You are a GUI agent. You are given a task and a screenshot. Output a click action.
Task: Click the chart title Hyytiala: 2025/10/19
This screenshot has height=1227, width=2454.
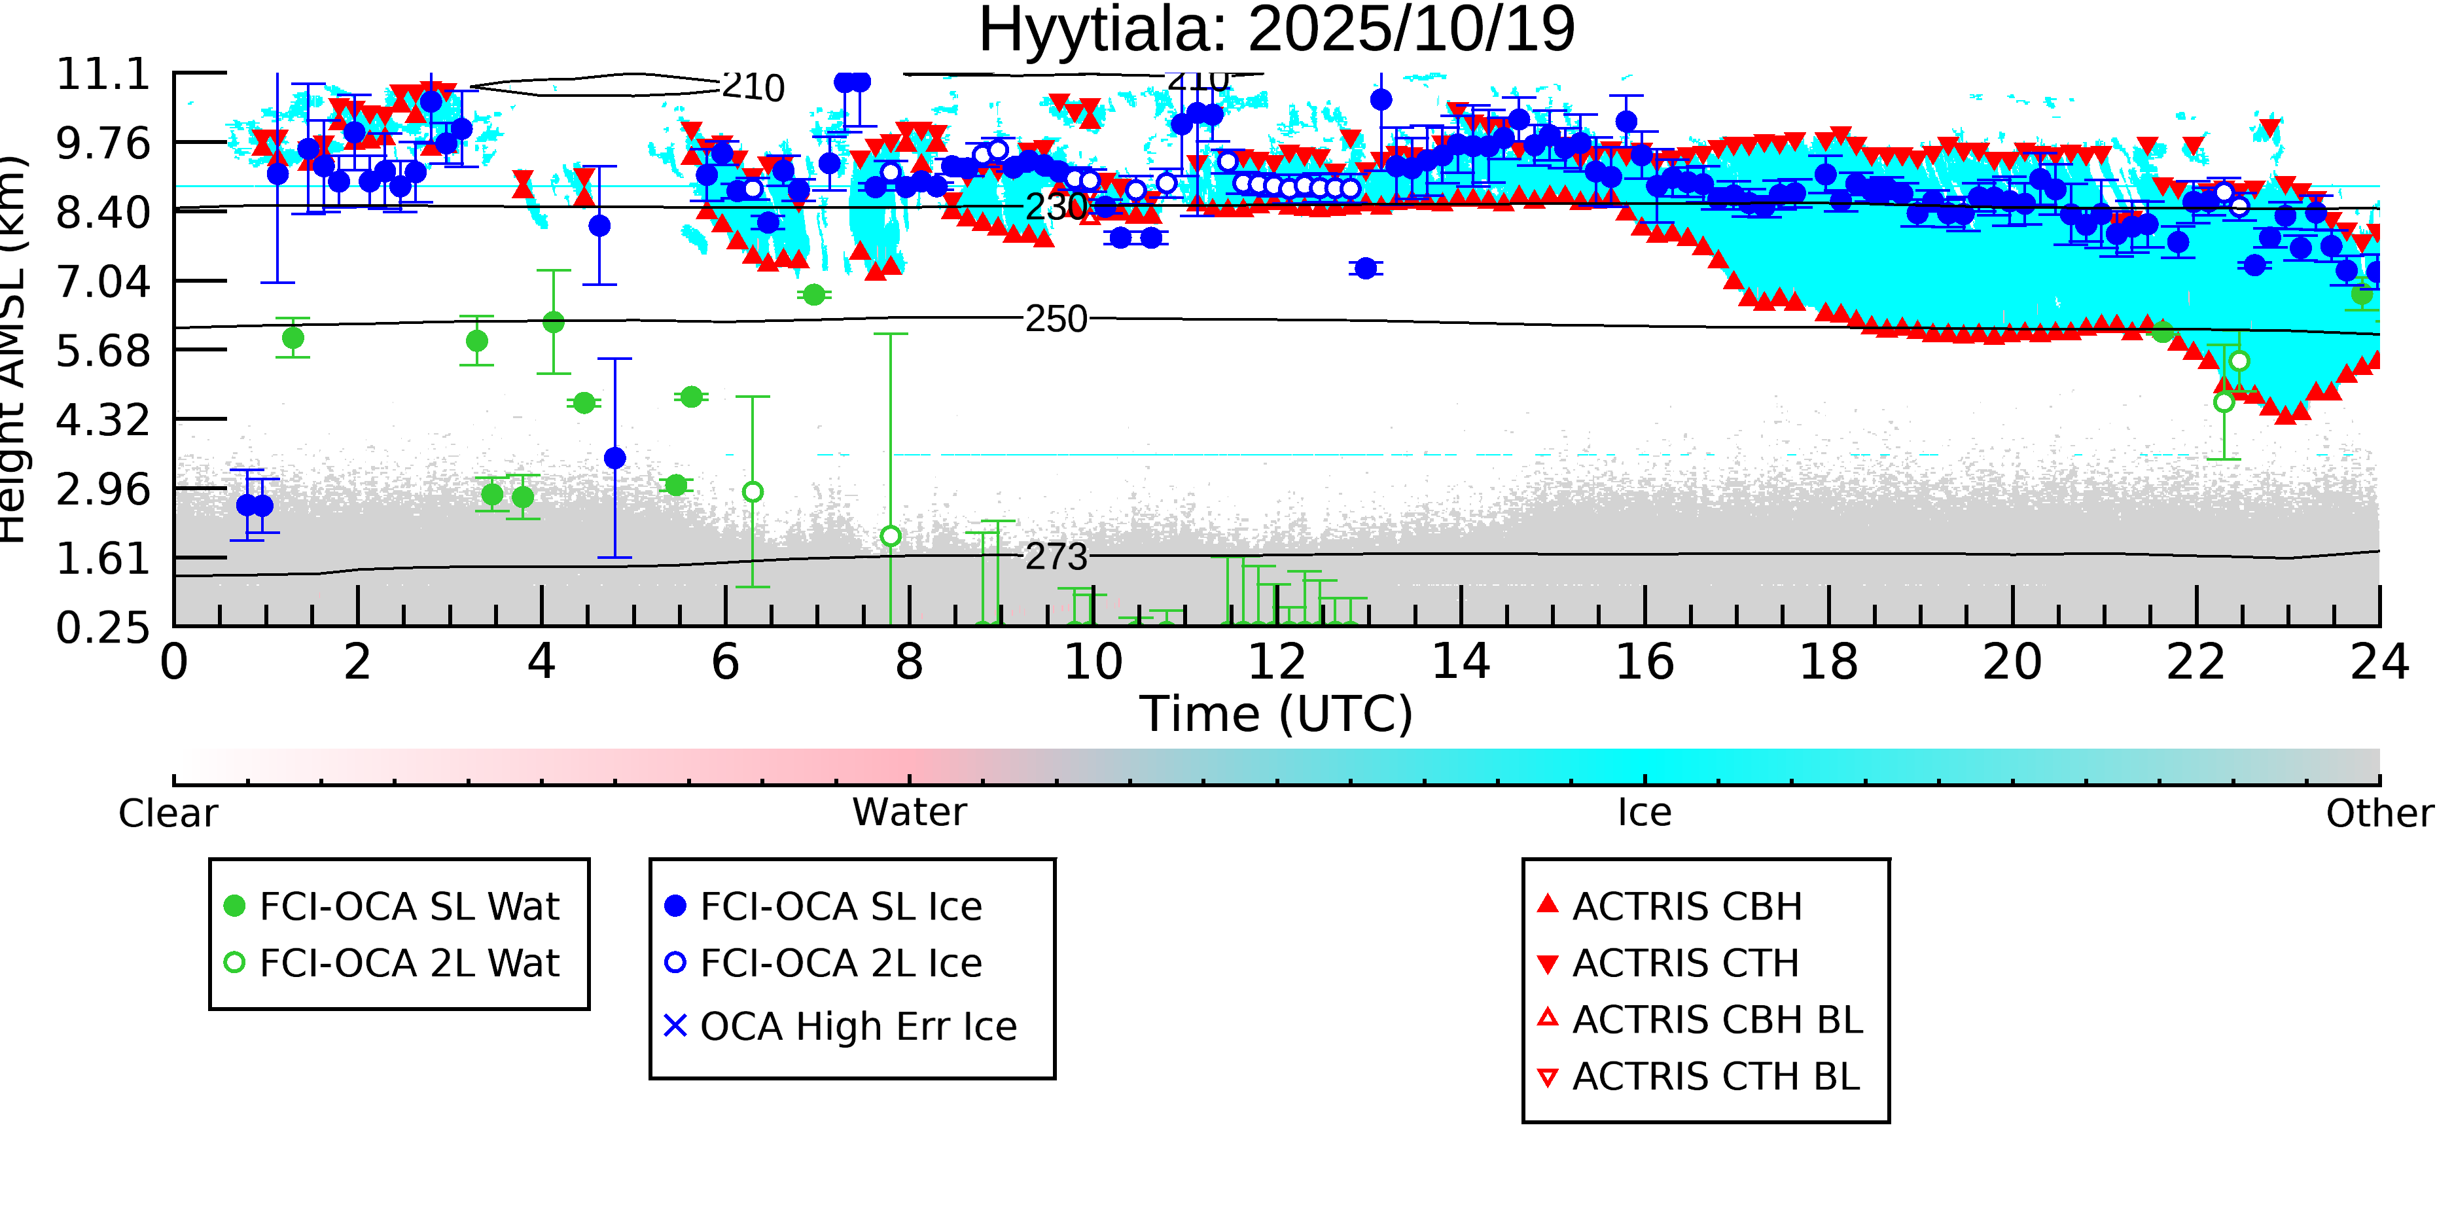[1277, 31]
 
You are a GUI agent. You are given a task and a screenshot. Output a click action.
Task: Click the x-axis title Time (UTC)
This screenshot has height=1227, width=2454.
[1277, 715]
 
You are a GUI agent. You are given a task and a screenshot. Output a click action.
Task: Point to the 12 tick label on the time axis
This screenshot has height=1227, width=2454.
[1277, 663]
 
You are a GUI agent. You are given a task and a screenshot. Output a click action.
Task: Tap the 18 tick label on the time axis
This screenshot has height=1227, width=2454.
[1828, 663]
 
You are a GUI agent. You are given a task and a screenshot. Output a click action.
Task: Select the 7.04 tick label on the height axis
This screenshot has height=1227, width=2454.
[103, 282]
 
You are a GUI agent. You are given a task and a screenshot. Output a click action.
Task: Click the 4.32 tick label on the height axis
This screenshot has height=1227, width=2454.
[103, 420]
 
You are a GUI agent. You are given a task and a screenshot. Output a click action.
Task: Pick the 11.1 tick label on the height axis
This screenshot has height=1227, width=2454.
[103, 75]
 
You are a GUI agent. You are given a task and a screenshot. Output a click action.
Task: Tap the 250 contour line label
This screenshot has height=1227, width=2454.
[1056, 320]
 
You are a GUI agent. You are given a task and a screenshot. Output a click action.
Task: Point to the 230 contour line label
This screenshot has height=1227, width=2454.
[1056, 207]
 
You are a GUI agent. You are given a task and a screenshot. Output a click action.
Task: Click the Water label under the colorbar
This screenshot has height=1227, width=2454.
[909, 813]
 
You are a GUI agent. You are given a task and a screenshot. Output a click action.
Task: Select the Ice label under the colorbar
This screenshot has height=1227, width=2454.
[1645, 813]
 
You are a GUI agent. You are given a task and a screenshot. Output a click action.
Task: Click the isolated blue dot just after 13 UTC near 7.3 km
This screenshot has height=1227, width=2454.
[1366, 269]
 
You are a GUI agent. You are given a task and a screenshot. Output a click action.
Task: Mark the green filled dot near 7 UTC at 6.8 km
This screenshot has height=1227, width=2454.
[813, 295]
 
